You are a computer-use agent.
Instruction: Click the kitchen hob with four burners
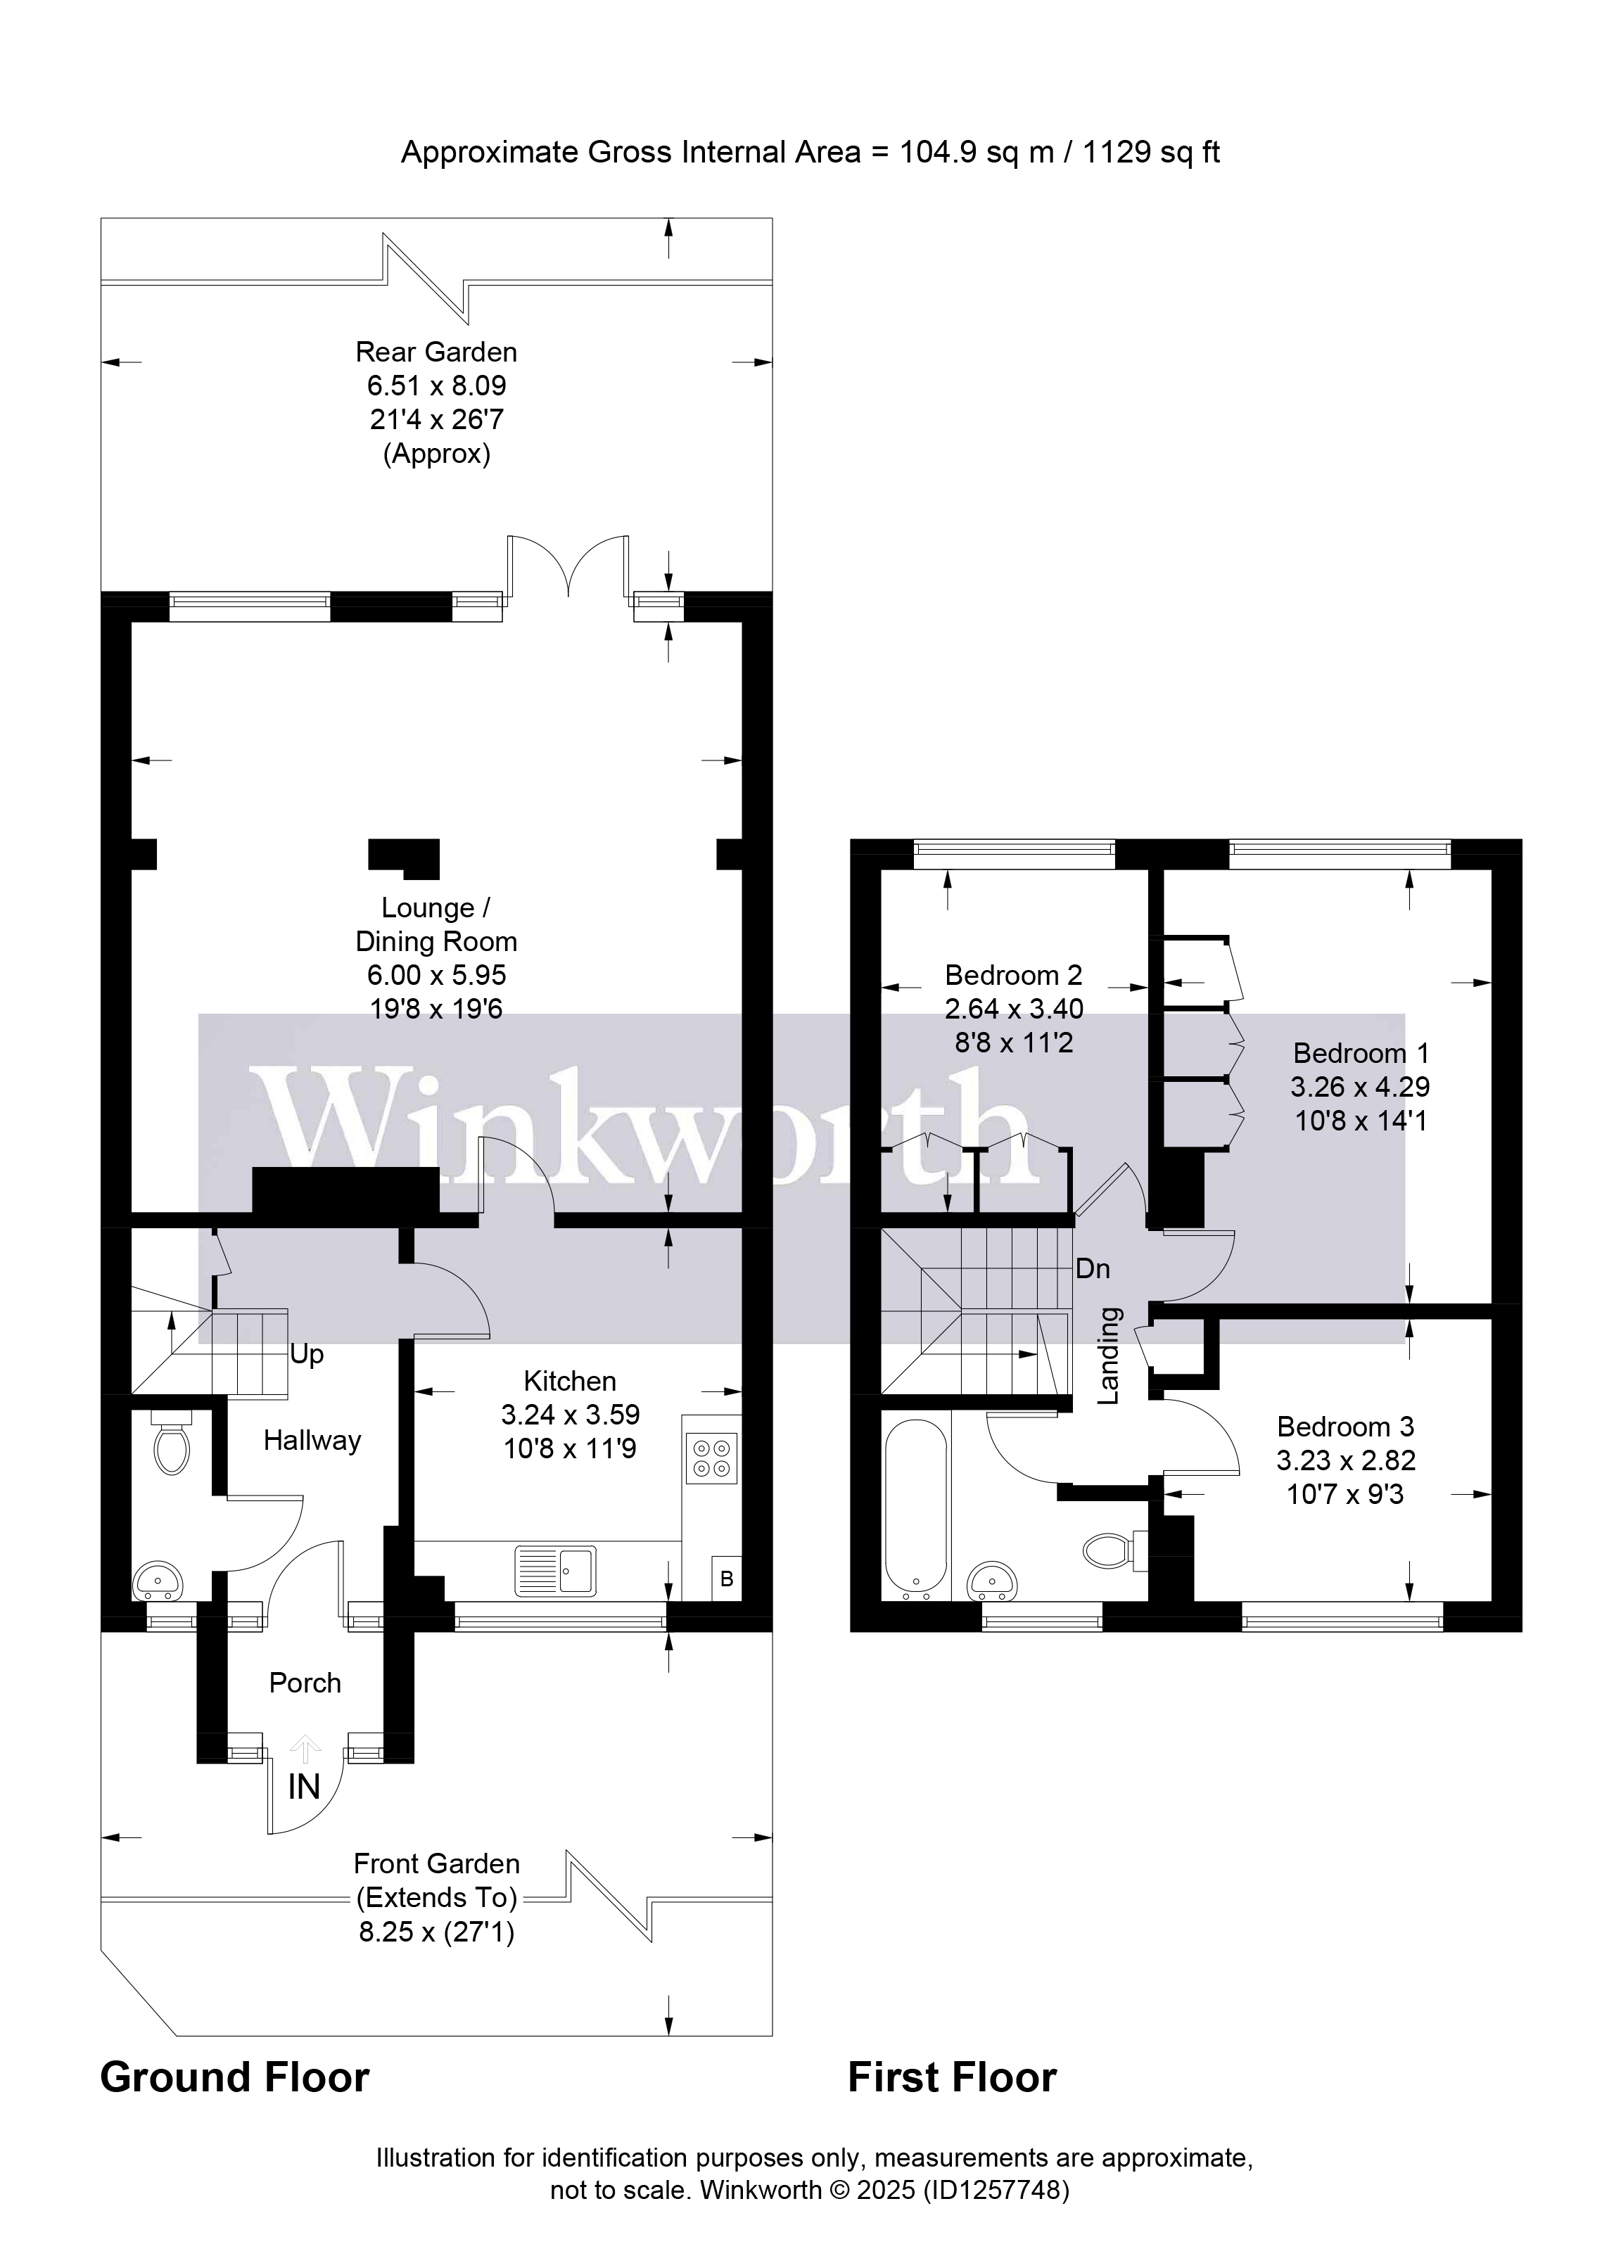coord(711,1458)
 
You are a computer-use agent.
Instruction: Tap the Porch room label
coord(305,1683)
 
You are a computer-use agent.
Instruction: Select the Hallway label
coord(312,1441)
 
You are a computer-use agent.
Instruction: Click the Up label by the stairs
coord(307,1355)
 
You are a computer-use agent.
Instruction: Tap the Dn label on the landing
coord(1093,1268)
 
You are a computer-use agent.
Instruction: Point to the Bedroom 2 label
coord(1013,976)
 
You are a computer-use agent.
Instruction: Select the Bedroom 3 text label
coord(1345,1427)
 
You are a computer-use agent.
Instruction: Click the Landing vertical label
coord(1110,1356)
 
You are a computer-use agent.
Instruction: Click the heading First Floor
coord(952,2078)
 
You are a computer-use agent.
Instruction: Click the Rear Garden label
coord(436,352)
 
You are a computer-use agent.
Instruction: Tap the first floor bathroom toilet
coord(1110,1550)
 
